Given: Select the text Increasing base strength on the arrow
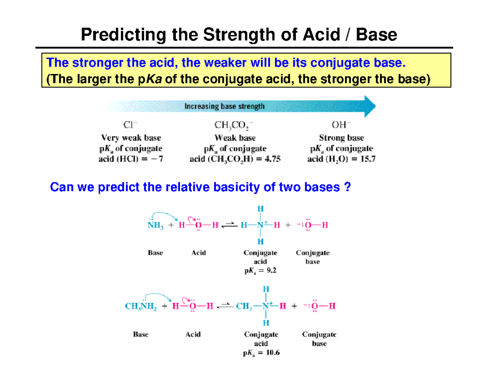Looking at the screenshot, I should coord(224,106).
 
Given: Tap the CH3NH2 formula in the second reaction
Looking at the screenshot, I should coord(141,306).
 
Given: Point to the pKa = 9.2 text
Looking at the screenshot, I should coord(260,271).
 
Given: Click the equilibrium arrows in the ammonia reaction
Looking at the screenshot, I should coord(228,225).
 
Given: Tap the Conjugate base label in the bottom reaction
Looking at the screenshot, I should coord(319,339).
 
